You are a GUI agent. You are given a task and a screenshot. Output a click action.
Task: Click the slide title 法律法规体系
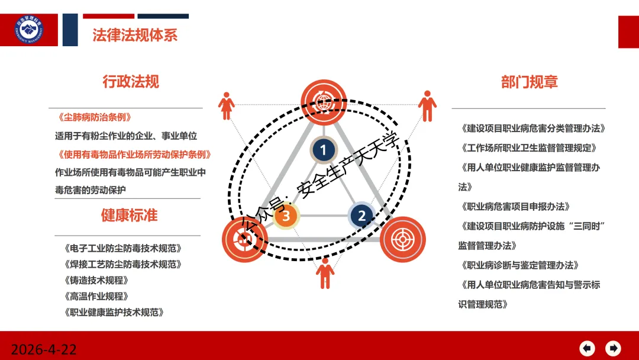pos(135,34)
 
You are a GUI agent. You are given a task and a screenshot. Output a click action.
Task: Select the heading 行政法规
pos(131,81)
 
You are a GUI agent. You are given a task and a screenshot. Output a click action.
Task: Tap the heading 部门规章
pos(529,82)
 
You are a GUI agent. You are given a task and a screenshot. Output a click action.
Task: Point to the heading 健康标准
pos(129,215)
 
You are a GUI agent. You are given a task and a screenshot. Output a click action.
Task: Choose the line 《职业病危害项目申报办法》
pos(515,206)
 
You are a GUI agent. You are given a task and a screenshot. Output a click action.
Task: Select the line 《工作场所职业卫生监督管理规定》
pos(528,147)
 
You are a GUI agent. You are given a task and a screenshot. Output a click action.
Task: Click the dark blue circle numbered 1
pos(323,150)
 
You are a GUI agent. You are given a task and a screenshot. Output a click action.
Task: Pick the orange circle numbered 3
pos(286,216)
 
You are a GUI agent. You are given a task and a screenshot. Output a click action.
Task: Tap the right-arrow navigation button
pos(614,348)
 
